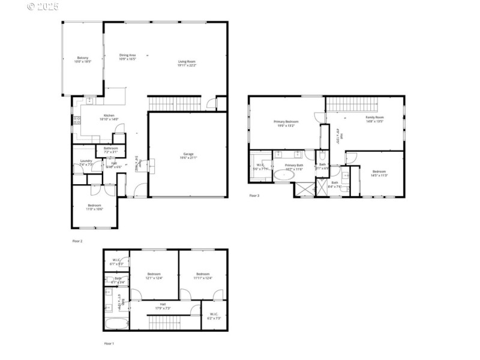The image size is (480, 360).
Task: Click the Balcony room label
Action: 83,59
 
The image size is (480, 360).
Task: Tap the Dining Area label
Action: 127,57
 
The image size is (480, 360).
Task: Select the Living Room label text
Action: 187,63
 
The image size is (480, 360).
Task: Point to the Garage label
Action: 188,156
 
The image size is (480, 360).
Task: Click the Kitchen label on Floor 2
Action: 109,117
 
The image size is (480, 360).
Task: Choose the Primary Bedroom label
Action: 288,123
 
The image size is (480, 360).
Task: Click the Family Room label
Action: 376,119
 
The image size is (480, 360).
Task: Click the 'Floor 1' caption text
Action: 109,344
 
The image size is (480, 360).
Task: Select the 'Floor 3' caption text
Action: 254,196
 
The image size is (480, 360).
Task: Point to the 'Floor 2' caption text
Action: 77,241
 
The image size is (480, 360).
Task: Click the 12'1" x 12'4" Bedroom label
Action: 154,276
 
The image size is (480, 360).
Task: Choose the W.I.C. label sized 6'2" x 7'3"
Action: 214,316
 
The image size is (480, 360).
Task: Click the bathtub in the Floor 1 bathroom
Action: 116,324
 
